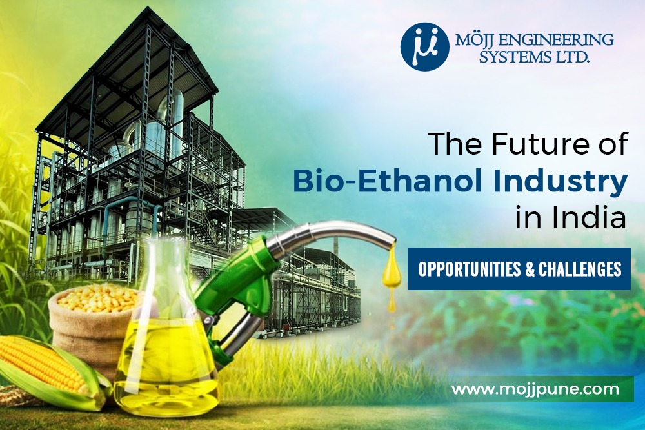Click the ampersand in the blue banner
(531, 268)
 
